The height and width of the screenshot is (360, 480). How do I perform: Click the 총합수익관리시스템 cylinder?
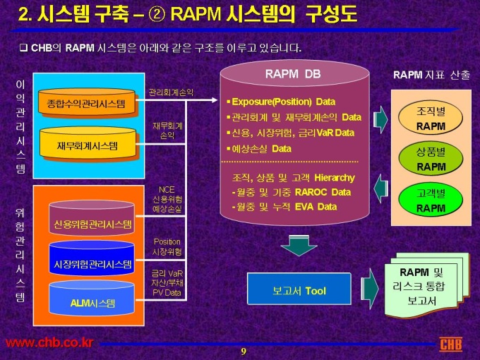tap(86, 104)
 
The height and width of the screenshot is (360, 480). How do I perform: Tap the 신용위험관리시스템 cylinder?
tap(92, 224)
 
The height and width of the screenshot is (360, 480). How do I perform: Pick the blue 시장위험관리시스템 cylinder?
tap(92, 264)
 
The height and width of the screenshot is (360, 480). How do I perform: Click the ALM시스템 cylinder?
tap(92, 303)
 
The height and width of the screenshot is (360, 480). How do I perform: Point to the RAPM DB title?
tap(293, 73)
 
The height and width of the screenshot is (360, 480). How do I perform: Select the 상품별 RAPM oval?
tap(431, 159)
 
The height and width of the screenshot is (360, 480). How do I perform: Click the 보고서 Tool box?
tap(299, 291)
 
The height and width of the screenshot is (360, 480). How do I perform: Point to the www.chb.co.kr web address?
tap(49, 343)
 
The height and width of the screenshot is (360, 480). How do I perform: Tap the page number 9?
tap(243, 352)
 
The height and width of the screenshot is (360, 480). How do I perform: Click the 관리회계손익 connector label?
tap(171, 92)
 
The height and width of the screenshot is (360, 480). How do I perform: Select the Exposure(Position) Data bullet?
tap(284, 101)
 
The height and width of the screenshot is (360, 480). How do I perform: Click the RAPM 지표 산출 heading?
tap(431, 74)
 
